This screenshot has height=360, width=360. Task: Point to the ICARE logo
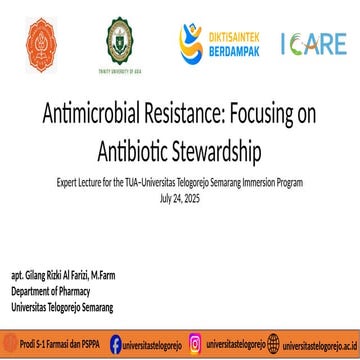(313, 43)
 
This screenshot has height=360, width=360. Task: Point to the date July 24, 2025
(180, 198)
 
